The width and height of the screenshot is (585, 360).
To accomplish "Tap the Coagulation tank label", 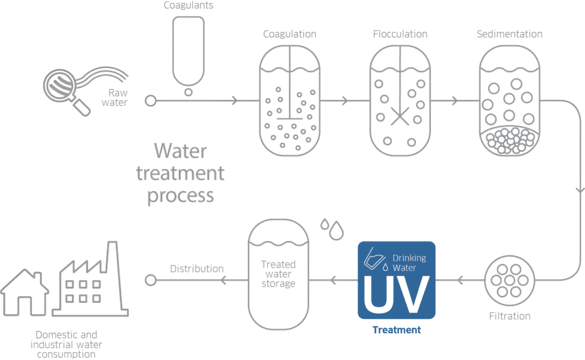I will [x=289, y=34].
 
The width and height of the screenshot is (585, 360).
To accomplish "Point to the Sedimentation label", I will [x=510, y=34].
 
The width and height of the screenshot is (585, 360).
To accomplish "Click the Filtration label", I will [x=510, y=316].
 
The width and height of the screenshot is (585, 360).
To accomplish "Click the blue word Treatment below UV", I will [x=396, y=330].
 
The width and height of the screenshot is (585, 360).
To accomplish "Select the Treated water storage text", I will [x=278, y=274].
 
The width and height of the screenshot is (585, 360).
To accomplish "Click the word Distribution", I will [x=197, y=269].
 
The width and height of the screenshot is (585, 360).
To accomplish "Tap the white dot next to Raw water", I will [x=150, y=101].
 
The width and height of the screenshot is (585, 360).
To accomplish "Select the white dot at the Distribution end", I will [x=150, y=280].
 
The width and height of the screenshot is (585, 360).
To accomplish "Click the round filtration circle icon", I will [x=510, y=279].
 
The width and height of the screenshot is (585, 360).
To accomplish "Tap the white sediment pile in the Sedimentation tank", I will [x=510, y=139].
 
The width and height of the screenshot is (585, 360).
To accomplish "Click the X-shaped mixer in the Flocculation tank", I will [x=399, y=117].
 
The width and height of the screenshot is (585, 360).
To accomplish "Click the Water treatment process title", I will [x=180, y=174].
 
